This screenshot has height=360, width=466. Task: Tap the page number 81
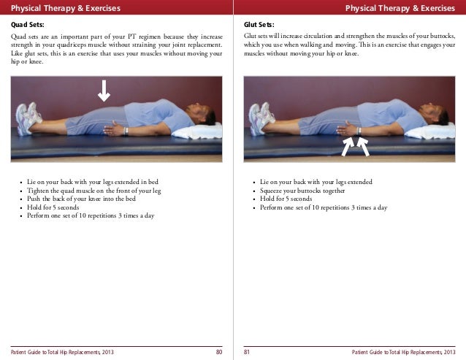pos(247,352)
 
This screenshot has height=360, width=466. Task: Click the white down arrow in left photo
pos(104,91)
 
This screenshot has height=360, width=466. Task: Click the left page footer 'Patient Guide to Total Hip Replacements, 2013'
pos(62,352)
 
